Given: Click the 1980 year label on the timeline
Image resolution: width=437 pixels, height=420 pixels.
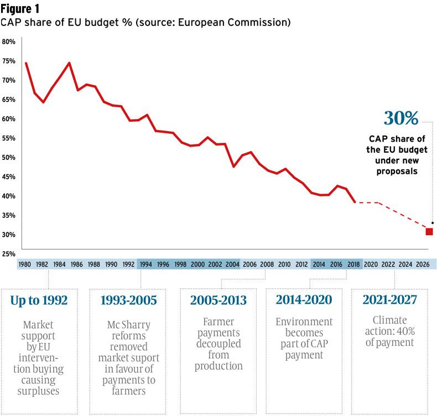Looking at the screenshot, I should (x=24, y=265).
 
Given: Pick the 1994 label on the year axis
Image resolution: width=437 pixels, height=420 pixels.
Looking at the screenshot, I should (x=146, y=265).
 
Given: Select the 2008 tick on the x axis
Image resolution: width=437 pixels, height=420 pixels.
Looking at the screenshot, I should (x=267, y=265).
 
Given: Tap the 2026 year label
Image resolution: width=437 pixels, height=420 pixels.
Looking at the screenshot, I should (x=423, y=265).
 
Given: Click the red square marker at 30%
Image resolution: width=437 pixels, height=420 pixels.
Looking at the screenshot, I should (x=429, y=231).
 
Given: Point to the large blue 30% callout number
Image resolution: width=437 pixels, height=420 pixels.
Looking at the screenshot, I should (x=400, y=118).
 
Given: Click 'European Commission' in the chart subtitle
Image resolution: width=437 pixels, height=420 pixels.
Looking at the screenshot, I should (x=243, y=23).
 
